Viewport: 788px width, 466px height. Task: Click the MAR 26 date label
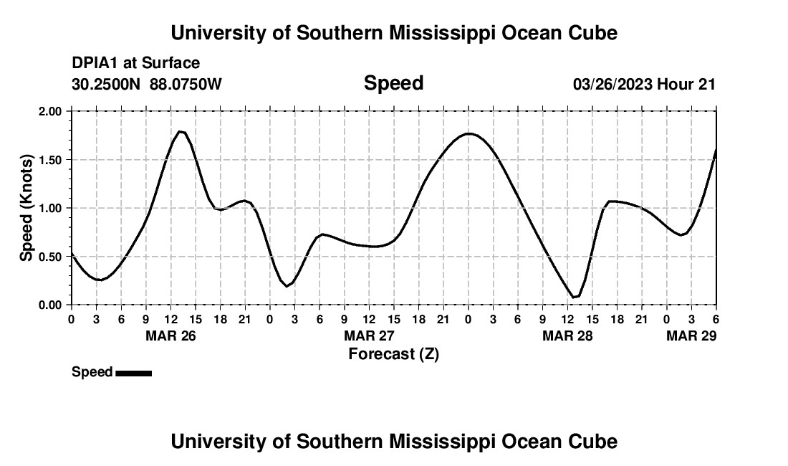(x=171, y=336)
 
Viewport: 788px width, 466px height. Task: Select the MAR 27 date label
(x=370, y=336)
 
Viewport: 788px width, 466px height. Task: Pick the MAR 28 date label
(x=567, y=336)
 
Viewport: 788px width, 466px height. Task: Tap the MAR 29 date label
(x=691, y=336)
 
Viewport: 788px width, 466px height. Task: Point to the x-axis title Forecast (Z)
(x=393, y=354)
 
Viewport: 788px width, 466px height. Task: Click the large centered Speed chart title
(x=393, y=83)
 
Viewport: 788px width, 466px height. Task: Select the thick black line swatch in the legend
(x=133, y=373)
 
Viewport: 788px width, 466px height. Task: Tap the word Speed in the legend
(x=92, y=372)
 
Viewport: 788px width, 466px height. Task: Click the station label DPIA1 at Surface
(x=135, y=63)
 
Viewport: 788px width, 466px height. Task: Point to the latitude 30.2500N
(x=107, y=85)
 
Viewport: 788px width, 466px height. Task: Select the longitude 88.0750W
(x=186, y=85)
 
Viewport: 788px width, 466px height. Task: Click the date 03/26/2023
(x=612, y=85)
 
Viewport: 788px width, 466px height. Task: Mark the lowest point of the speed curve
(x=574, y=297)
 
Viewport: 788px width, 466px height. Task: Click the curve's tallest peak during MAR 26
(x=181, y=131)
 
